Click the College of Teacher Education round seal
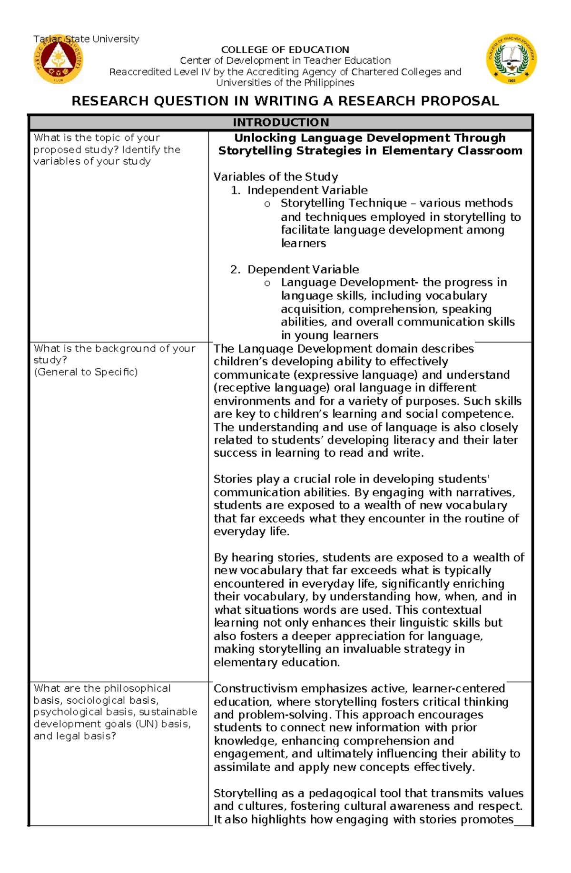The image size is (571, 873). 512,59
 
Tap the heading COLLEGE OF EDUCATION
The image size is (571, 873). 285,49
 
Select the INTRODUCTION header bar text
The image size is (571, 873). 281,123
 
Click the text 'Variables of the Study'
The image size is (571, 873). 276,177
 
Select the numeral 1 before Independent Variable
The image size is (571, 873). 234,190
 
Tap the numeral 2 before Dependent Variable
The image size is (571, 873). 234,270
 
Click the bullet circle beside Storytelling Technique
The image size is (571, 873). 267,204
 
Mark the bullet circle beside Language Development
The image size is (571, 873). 267,284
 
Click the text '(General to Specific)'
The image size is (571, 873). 86,372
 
